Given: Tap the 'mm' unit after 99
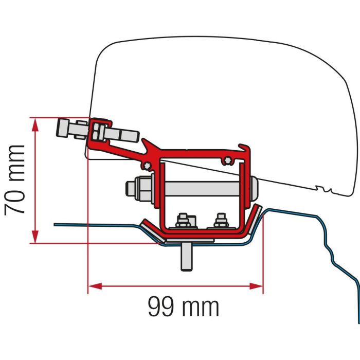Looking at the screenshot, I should pos(202,307).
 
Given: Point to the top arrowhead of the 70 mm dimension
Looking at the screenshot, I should pos(35,121).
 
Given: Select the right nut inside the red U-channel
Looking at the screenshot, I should pos(221,222).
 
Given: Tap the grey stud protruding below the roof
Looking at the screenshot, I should pos(186,257).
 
